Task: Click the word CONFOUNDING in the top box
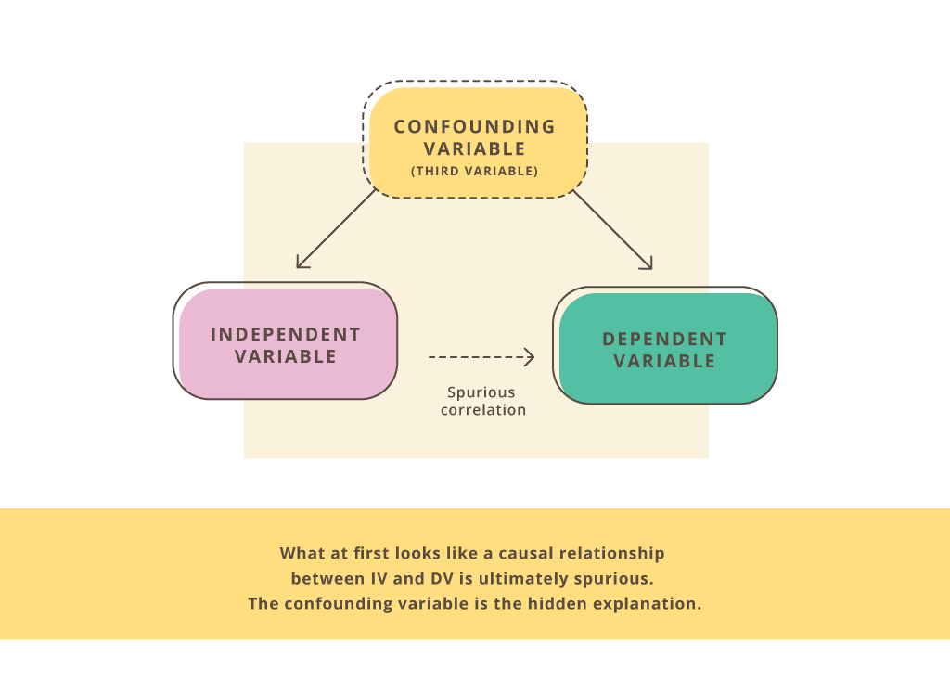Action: pos(474,127)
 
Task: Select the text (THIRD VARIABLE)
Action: pos(474,171)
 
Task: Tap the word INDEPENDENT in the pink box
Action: pos(286,334)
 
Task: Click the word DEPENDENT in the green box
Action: pos(664,339)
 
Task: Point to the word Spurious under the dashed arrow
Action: pos(481,392)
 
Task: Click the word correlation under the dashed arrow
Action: pos(482,410)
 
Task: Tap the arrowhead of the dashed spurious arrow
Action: pos(530,357)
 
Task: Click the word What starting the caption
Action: pos(302,553)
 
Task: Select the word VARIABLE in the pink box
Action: pos(286,356)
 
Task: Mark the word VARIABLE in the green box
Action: pos(664,361)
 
